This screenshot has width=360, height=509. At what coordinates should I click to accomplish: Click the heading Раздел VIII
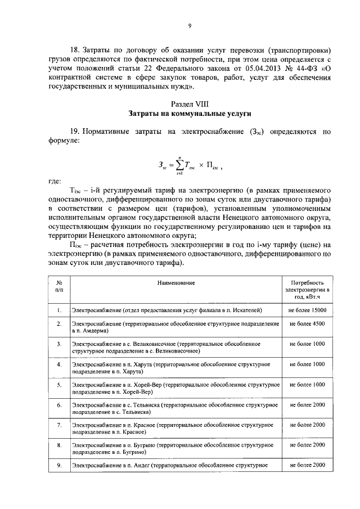coord(190,103)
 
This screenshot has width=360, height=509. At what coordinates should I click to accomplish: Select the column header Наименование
coord(176,282)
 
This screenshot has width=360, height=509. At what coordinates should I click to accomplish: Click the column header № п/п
coord(59,286)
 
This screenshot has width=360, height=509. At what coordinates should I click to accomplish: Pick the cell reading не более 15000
coord(307,310)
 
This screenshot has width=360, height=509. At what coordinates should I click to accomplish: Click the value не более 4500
coord(307,324)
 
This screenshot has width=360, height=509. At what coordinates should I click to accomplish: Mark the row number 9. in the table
coord(59,465)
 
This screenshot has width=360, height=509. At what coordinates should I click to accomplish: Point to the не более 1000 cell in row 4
coord(307,364)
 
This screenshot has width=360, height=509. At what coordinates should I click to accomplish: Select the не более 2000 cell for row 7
coord(307,425)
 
